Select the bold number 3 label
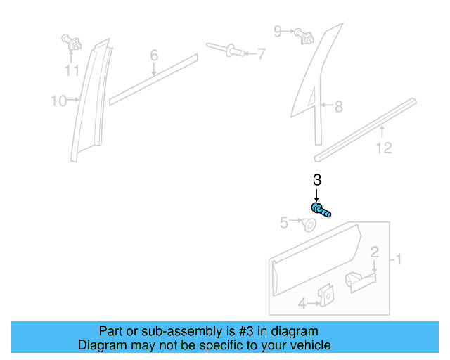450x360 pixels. tap(316, 179)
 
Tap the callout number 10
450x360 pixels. tap(58, 101)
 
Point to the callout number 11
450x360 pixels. tap(72, 70)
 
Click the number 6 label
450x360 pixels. tap(154, 55)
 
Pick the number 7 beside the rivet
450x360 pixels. tap(261, 53)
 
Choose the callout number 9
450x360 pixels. tap(278, 31)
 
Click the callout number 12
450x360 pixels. tap(383, 148)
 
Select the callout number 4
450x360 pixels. tap(302, 304)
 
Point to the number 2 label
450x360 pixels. tap(375, 252)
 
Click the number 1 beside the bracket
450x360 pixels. tap(398, 260)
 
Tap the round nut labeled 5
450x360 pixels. tap(308, 226)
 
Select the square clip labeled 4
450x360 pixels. tap(326, 297)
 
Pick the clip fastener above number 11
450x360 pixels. tap(70, 43)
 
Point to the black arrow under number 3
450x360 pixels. tap(316, 195)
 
